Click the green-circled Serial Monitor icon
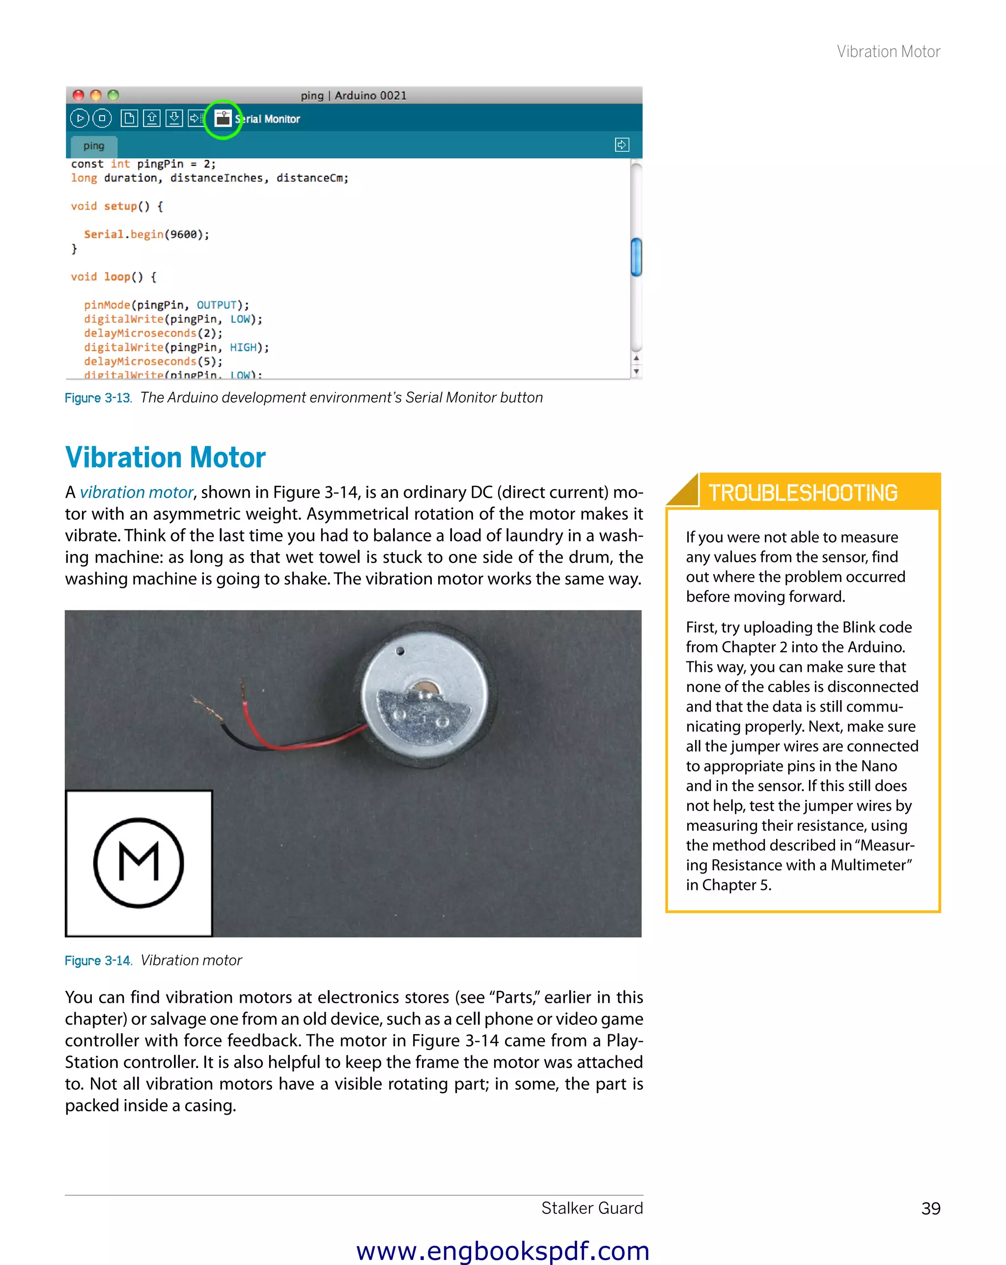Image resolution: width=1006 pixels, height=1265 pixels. (223, 119)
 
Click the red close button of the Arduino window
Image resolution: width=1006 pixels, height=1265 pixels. (78, 95)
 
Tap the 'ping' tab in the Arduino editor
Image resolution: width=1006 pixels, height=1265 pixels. (94, 145)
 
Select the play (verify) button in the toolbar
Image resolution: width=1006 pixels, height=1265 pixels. (80, 118)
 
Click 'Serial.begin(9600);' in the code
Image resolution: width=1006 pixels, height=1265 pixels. (146, 234)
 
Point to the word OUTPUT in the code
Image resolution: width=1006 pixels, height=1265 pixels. (216, 305)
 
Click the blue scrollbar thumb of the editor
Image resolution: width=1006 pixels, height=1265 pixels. (636, 256)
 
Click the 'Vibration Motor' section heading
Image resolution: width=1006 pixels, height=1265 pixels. (165, 458)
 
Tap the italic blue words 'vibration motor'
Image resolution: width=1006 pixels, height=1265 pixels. (136, 492)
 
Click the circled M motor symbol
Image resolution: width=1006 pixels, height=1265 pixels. (139, 862)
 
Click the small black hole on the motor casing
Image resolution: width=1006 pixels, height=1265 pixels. (400, 651)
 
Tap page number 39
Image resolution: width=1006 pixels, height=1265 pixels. (930, 1209)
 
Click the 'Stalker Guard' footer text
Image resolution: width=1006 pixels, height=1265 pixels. (591, 1208)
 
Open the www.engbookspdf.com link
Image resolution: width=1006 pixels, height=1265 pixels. (503, 1250)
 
